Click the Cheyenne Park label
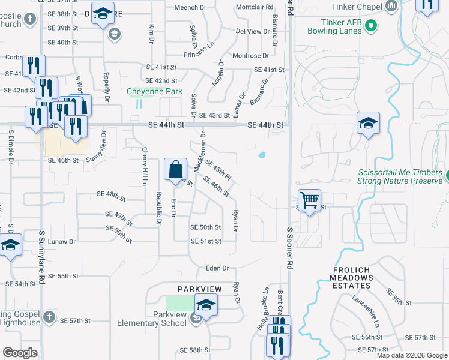pyautogui.click(x=154, y=92)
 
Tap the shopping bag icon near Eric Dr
pyautogui.click(x=175, y=170)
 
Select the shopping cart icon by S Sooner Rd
pyautogui.click(x=309, y=200)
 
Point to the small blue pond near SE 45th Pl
pyautogui.click(x=262, y=155)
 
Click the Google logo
pyautogui.click(x=20, y=353)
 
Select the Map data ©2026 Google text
pyautogui.click(x=411, y=355)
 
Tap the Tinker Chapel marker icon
pyautogui.click(x=392, y=7)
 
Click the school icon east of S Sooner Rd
pyautogui.click(x=367, y=124)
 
